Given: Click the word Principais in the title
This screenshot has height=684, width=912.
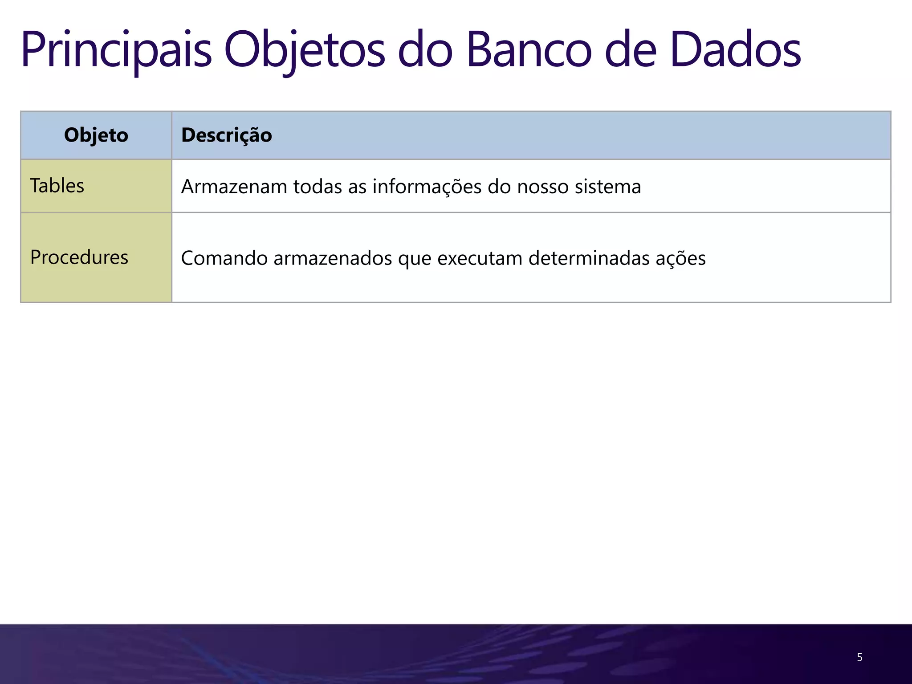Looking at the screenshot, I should (x=116, y=50).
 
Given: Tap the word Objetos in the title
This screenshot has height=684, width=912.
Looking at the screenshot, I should (x=304, y=50).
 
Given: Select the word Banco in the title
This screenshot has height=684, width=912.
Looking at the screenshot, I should (x=529, y=50).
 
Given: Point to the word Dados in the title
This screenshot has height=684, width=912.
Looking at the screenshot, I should (x=735, y=50).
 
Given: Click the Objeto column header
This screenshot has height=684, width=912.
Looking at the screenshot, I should (x=96, y=135).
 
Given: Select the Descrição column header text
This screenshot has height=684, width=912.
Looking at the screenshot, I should (x=226, y=135).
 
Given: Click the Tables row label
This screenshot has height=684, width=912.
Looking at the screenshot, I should (x=57, y=186).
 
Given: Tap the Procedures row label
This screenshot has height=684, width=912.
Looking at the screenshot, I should (x=79, y=257).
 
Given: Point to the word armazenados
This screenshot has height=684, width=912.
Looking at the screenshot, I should (x=333, y=258).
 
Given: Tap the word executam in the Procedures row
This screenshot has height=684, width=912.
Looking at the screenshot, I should (x=480, y=258).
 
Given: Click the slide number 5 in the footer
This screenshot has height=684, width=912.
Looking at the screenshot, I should (x=859, y=657).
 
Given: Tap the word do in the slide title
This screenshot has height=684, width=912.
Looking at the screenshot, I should (x=425, y=50).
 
